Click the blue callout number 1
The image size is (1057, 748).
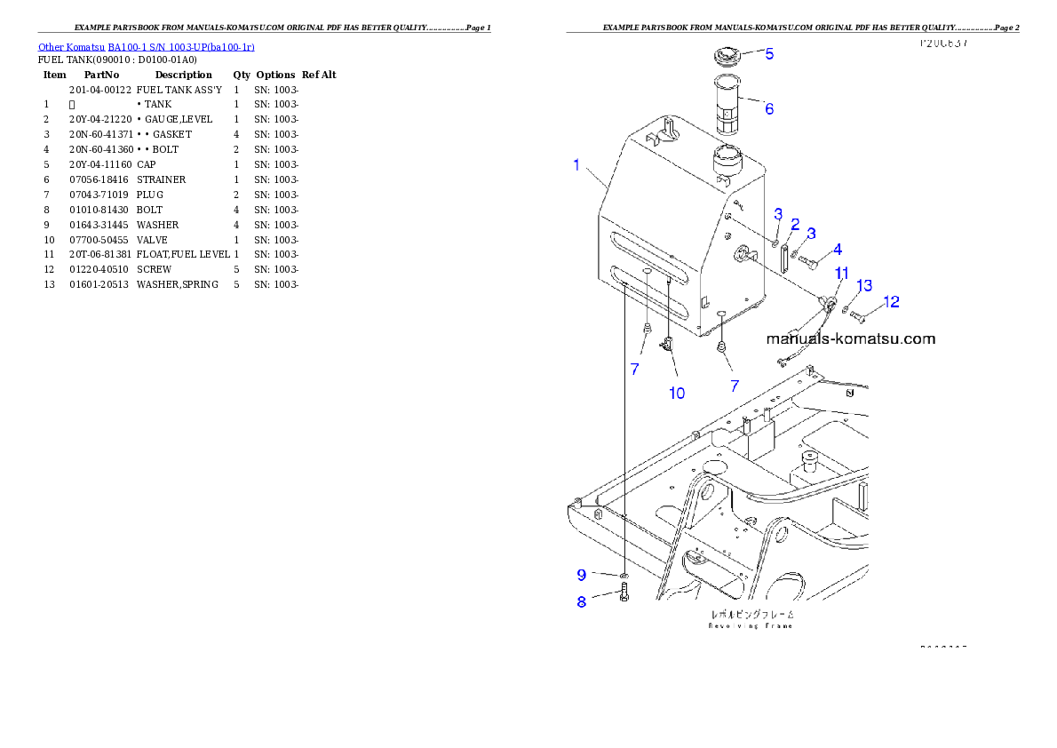(576, 165)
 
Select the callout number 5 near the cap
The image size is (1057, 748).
(769, 54)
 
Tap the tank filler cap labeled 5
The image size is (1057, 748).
(727, 58)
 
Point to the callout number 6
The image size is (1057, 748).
(769, 109)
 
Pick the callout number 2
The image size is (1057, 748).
(796, 224)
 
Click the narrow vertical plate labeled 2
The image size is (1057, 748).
(785, 260)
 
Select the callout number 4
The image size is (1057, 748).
(837, 250)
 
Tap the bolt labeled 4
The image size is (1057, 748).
(809, 262)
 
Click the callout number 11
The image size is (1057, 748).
(841, 273)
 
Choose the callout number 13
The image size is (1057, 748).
(863, 285)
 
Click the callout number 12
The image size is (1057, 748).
(891, 302)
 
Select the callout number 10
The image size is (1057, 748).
(677, 393)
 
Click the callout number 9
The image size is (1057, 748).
(581, 574)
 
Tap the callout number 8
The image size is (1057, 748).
(581, 601)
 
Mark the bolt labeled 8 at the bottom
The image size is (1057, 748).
(624, 593)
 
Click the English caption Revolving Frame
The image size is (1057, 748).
(751, 625)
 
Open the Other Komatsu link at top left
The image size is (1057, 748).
(147, 46)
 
